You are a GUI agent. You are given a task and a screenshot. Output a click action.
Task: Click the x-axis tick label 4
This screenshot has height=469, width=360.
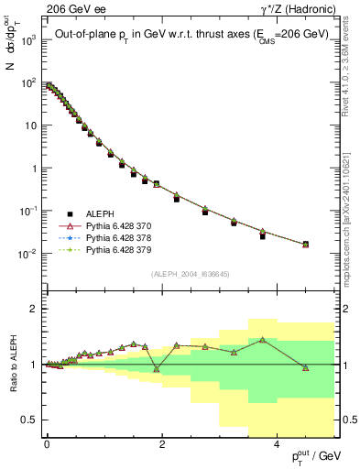pos(278,444)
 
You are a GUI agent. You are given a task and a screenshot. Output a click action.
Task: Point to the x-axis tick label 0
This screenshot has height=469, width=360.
pos(47,444)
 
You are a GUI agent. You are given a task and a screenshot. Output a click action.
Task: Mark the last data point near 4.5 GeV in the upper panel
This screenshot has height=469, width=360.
pos(305,245)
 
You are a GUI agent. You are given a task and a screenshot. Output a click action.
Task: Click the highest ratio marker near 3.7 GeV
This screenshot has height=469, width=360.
pos(263,340)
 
